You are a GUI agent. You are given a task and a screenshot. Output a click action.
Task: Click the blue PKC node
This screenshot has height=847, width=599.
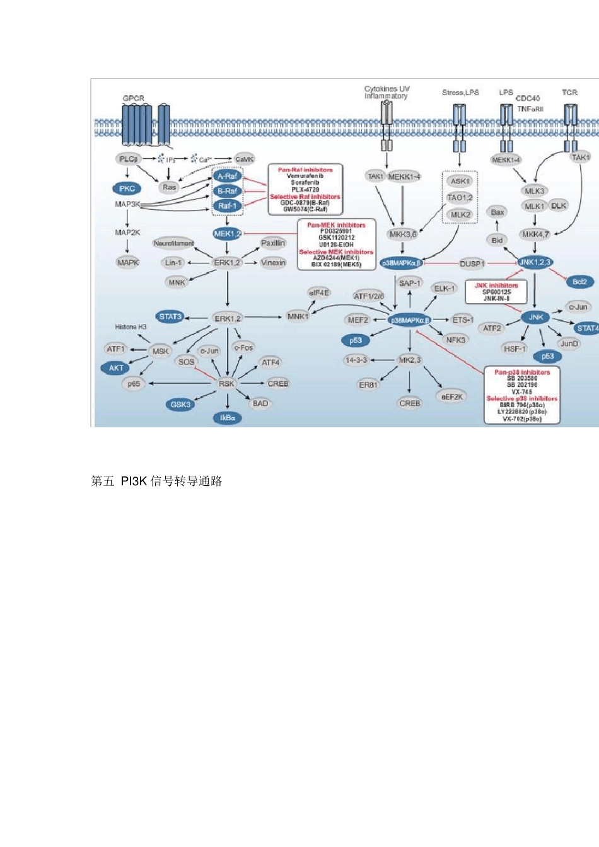click(127, 188)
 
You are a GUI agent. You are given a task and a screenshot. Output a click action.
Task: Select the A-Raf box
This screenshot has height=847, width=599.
click(227, 176)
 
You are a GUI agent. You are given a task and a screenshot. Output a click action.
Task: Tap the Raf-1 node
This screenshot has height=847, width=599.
click(227, 205)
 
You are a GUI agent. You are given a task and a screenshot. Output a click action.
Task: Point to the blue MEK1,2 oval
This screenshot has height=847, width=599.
click(227, 234)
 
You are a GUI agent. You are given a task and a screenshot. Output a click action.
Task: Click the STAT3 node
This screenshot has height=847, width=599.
click(170, 316)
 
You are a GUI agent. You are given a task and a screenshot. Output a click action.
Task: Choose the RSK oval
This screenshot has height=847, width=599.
click(226, 383)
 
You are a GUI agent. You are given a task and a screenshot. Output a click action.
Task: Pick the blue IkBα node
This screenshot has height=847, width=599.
click(227, 418)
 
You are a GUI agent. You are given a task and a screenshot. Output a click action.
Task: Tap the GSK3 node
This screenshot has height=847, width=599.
click(181, 404)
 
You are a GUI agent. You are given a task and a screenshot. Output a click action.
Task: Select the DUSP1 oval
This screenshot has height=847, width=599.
click(472, 263)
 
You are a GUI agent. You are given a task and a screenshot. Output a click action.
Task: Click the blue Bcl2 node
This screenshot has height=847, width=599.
click(579, 282)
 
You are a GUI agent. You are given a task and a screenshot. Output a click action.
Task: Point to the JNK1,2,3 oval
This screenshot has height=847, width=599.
click(535, 262)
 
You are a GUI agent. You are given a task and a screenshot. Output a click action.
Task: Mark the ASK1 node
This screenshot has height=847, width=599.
click(460, 181)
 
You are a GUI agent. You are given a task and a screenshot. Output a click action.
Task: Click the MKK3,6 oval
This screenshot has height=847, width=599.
click(403, 234)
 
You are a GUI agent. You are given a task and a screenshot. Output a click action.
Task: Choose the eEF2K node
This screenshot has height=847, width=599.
click(452, 396)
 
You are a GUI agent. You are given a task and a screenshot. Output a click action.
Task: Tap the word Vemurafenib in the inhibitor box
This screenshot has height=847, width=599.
click(305, 176)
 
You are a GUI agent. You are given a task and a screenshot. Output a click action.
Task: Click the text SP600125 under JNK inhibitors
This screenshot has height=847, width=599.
click(496, 292)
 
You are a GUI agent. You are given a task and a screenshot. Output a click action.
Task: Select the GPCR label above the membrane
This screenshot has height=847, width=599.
click(134, 98)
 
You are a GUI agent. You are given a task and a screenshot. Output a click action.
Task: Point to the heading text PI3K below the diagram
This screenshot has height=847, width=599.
click(134, 481)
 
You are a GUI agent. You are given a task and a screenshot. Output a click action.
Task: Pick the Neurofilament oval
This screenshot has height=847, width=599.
click(173, 243)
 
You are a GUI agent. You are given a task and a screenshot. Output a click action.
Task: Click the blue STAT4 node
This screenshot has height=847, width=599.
click(586, 328)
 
